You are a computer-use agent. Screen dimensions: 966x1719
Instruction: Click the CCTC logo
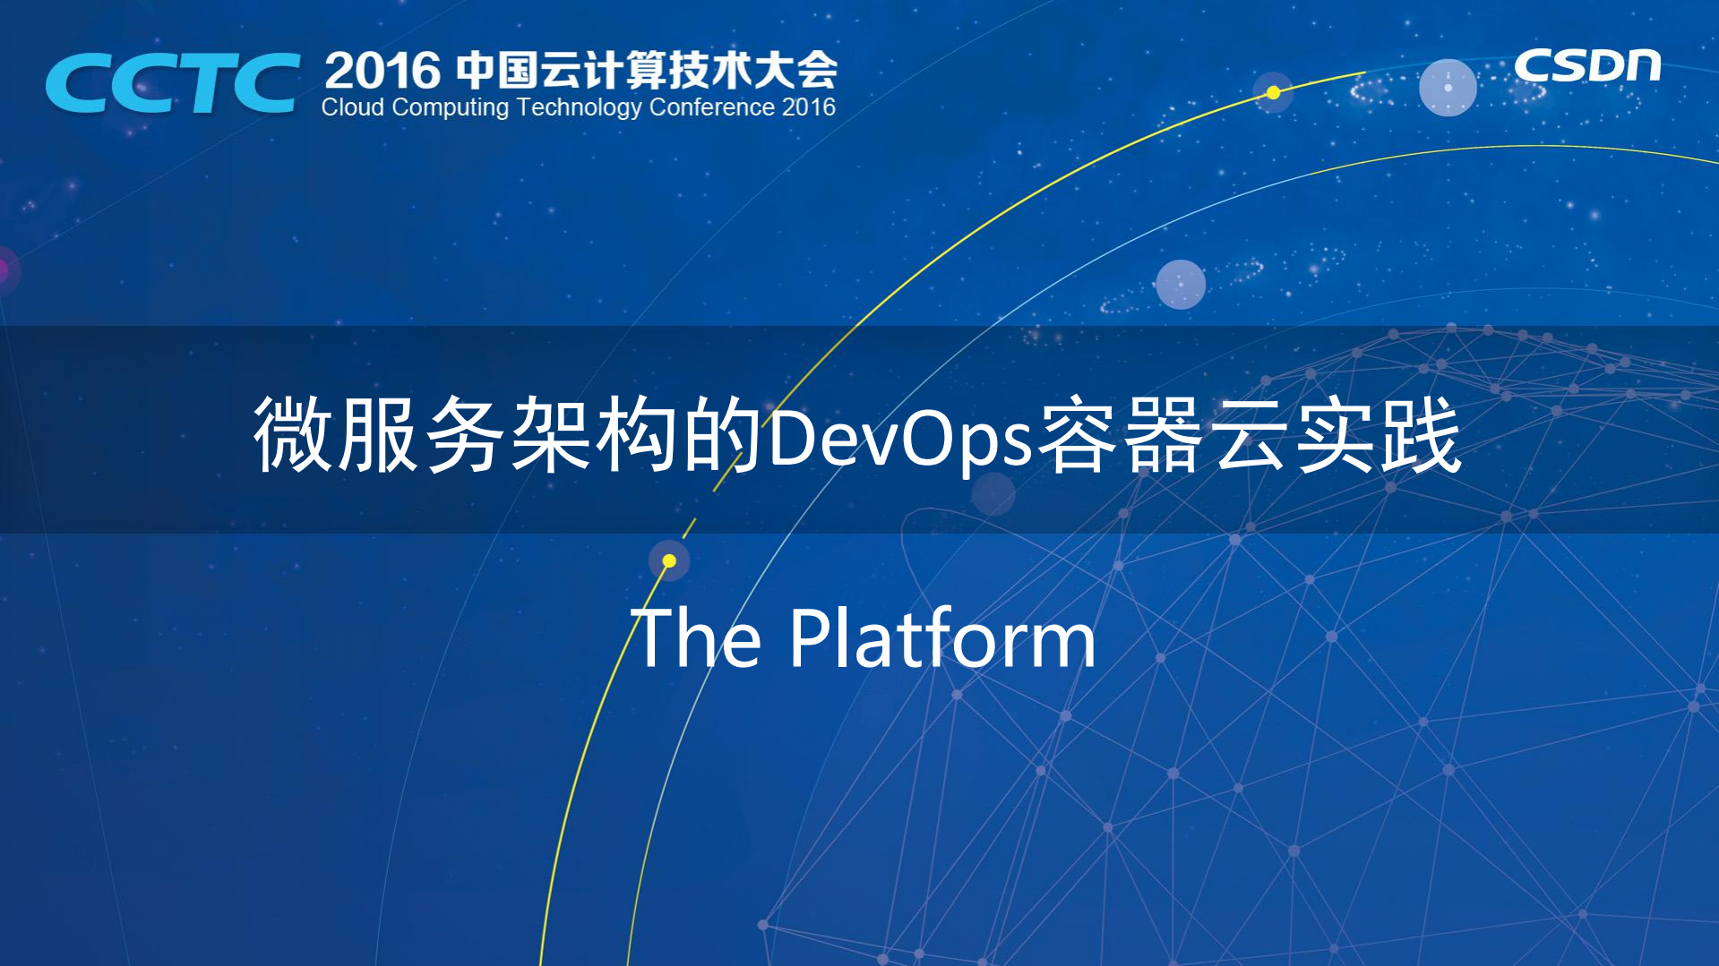click(172, 82)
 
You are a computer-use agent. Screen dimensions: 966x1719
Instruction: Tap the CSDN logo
click(1586, 66)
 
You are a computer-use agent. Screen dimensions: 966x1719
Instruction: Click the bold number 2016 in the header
click(382, 71)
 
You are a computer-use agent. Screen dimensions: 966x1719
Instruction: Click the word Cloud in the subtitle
click(352, 107)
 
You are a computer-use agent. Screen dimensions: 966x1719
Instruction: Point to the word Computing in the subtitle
click(451, 108)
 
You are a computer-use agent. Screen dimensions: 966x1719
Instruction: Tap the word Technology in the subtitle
click(580, 108)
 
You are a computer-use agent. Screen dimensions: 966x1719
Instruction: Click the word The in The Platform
click(697, 638)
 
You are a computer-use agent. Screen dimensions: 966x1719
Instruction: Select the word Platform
click(942, 639)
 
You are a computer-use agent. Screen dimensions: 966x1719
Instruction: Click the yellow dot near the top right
click(1273, 92)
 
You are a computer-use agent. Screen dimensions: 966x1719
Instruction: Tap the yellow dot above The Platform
click(669, 561)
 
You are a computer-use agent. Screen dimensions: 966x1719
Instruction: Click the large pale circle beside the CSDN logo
click(1448, 88)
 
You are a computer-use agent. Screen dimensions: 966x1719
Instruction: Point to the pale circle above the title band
click(1181, 284)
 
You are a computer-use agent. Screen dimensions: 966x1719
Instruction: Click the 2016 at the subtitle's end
click(809, 107)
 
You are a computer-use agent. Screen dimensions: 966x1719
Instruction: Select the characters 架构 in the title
click(593, 436)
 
